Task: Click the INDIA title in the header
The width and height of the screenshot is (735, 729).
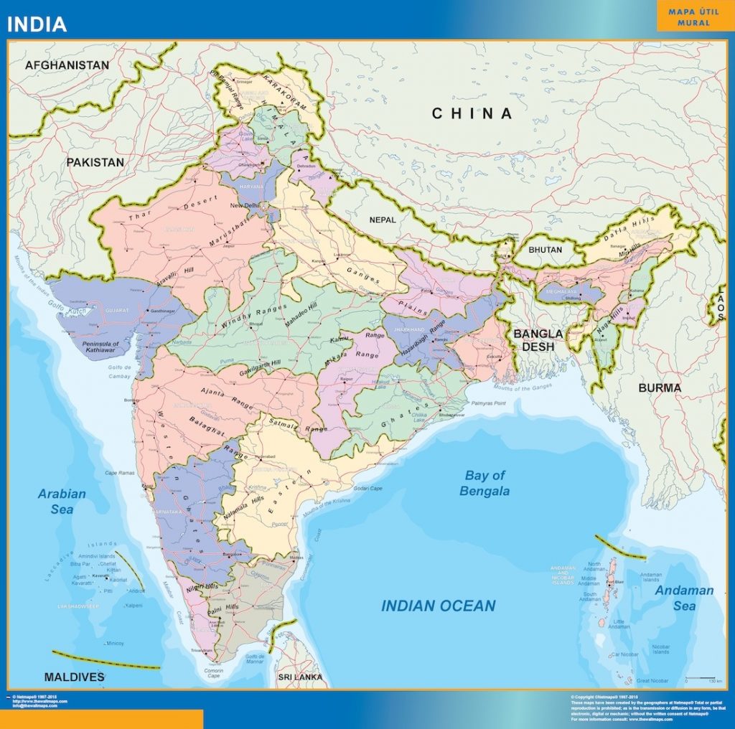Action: point(37,24)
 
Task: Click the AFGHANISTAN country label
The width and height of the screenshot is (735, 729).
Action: point(67,65)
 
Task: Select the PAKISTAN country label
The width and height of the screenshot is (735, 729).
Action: point(95,162)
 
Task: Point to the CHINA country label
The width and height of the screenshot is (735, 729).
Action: point(472,113)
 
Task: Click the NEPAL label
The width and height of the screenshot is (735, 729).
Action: point(383,220)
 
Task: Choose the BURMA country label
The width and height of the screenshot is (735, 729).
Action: point(659,387)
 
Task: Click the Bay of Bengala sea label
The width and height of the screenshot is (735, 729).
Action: point(485,483)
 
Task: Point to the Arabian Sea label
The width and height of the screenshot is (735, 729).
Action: point(62,501)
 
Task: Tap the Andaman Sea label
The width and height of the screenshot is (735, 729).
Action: point(684,598)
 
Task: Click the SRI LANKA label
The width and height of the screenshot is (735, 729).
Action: point(300,677)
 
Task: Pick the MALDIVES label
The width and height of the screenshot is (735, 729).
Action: point(74,677)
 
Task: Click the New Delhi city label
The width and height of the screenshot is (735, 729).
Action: point(245,205)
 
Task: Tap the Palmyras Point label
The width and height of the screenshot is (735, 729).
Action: point(489,403)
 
